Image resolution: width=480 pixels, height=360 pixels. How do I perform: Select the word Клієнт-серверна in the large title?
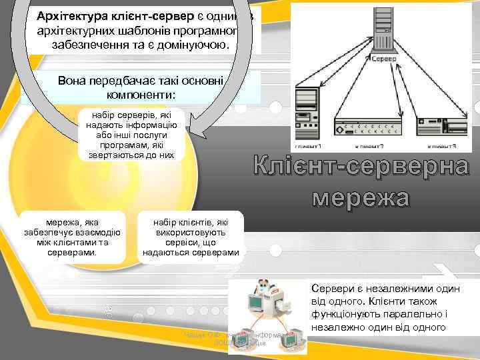click(360, 168)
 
